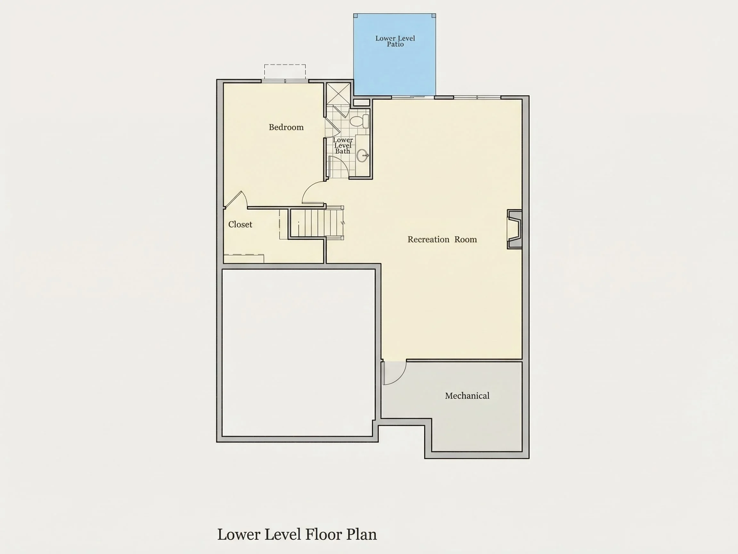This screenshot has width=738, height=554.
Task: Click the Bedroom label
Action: pos(286,127)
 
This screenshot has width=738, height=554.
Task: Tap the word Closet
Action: pos(240,224)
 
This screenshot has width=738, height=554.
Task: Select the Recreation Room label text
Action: pos(442,239)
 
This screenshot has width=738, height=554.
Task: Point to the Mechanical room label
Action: pos(467,396)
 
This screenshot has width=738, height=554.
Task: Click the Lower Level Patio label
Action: pos(395,41)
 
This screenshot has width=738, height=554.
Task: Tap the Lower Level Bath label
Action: pos(343,146)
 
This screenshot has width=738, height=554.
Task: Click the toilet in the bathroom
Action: pos(359,121)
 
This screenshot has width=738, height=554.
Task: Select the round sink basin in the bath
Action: pos(362,155)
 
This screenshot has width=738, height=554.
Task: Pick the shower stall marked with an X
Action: pos(338,94)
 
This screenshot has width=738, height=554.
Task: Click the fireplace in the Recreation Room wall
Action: pos(514,229)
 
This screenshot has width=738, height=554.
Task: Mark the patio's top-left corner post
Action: pos(356,16)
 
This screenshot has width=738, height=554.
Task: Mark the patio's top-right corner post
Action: pos(434,16)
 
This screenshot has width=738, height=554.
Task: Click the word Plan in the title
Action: pos(361,535)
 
